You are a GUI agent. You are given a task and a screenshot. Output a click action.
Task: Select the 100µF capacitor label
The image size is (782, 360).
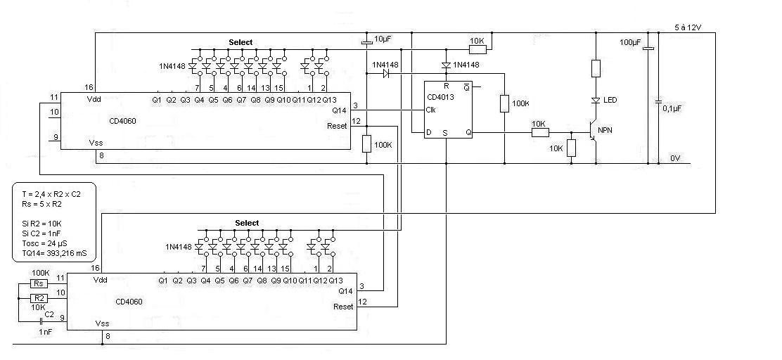[630, 43]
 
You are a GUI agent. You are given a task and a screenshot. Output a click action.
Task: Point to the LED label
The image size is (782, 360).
[610, 101]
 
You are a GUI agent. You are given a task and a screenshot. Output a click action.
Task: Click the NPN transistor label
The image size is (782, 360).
[605, 131]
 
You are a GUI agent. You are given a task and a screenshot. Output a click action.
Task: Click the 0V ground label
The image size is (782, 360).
[675, 158]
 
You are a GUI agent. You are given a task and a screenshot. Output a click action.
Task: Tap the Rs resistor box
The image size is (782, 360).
[39, 283]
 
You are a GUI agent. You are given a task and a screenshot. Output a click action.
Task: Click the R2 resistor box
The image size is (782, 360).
[39, 298]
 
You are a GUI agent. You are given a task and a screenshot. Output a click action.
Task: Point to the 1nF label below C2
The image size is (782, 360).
[46, 331]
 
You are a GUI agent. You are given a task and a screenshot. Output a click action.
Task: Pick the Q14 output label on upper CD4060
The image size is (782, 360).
[338, 110]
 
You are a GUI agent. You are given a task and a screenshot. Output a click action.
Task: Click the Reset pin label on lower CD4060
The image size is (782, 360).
[343, 307]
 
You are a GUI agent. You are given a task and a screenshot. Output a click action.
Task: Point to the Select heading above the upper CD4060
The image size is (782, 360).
[241, 43]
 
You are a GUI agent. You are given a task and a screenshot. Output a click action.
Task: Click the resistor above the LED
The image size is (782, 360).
[596, 68]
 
